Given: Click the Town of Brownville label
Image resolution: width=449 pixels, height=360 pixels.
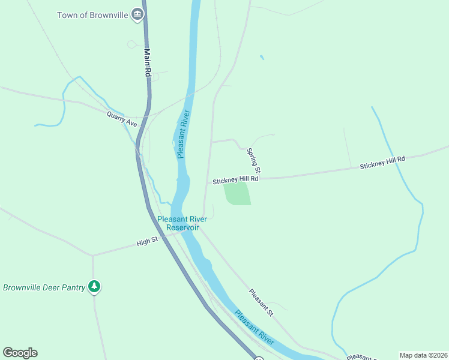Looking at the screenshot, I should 92,14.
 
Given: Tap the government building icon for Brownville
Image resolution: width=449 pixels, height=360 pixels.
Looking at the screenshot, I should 138,14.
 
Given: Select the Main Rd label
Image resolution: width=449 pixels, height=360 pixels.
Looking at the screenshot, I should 147,62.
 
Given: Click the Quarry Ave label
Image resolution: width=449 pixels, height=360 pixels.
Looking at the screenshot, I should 122,119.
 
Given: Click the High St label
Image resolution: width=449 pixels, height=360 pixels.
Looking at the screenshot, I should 146,242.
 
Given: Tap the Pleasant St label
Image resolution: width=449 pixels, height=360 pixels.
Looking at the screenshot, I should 261,302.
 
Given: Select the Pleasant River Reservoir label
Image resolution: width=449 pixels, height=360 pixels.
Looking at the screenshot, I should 182,223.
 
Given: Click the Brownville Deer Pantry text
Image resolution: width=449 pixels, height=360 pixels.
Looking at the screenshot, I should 44,287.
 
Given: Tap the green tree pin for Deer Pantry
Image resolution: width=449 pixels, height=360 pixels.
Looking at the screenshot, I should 94,286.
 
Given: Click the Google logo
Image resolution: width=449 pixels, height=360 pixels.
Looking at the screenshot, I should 20,353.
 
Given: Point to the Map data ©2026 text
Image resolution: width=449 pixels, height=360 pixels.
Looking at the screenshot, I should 423,355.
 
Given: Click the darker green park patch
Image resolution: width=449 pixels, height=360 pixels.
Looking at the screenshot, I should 237,194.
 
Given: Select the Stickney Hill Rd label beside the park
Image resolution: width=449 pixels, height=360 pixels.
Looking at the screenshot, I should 235,179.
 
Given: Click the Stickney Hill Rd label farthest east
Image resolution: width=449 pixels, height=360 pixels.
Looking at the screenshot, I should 383,163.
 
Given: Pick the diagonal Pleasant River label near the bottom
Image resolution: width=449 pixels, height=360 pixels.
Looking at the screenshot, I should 255,328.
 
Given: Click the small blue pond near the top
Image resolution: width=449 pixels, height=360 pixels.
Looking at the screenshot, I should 261,58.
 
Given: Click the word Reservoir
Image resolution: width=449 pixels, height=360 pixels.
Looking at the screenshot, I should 182,228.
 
